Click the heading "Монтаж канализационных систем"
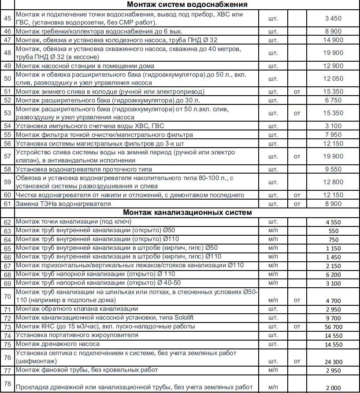coord(187,212)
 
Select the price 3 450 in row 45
coord(334,19)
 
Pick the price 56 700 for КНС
coord(334,327)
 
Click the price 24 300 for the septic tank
coord(334,361)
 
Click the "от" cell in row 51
coord(297,92)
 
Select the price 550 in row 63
coord(334,231)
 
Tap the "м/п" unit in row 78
coord(273,387)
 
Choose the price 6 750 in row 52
coord(334,100)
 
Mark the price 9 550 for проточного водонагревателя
coord(334,169)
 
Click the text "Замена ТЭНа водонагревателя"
coord(60,204)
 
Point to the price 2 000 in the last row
coord(334,387)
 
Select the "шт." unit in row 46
coord(273,31)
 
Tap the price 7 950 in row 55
coord(334,135)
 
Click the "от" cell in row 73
coord(297,327)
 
